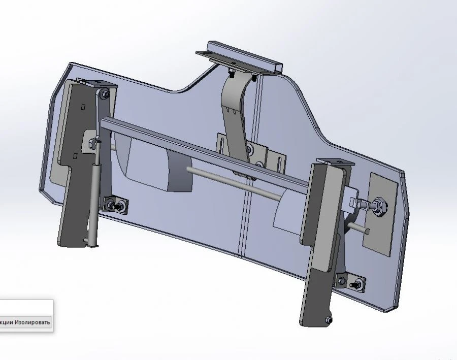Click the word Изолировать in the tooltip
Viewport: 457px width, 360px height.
32,322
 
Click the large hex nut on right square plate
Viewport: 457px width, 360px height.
379,205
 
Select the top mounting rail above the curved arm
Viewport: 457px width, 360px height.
239,59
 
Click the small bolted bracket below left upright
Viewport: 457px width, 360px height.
116,205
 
